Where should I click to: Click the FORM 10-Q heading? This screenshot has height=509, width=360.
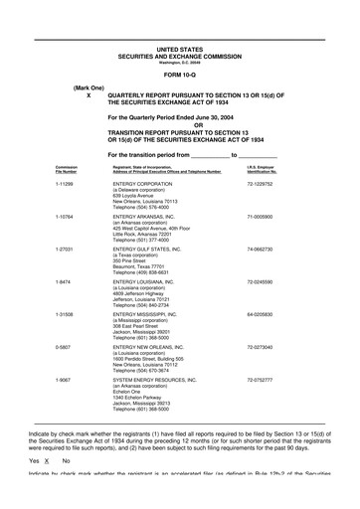[179, 76]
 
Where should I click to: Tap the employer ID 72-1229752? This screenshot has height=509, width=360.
[260, 184]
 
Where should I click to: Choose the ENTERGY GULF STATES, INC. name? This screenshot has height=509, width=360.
[154, 249]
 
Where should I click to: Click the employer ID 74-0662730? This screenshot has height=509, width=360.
[260, 249]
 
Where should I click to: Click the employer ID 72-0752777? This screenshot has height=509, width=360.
[260, 379]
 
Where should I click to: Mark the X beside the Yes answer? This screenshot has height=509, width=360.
[48, 490]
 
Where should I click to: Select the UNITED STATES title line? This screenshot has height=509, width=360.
[179, 48]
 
